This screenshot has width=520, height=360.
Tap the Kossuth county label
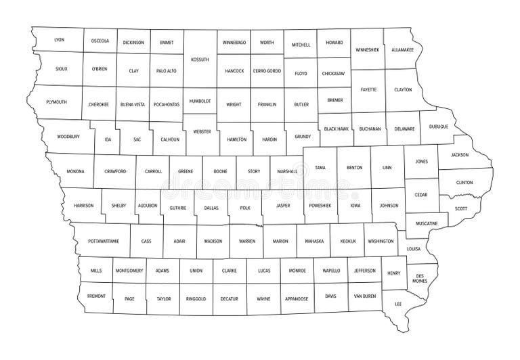pos(200,59)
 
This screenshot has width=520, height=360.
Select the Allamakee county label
pos(402,49)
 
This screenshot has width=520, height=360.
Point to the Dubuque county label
pos(438,126)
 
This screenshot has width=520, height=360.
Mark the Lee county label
pos(398,304)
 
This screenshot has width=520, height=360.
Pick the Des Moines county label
pos(420,277)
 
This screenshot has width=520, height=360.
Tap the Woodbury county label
pos(68,136)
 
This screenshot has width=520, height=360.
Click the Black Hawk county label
pos(335,128)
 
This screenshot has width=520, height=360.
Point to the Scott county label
pos(461,208)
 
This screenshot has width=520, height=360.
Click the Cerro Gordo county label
pos(267,71)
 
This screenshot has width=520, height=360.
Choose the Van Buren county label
pos(364,296)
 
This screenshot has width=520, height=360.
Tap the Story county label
pos(253,171)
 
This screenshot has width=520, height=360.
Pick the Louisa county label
pos(413,248)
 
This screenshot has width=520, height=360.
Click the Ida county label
pos(107,139)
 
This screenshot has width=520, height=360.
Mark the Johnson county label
pos(389,204)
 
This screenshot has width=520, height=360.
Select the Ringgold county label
pos(196,298)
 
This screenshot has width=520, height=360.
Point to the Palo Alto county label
pos(167,70)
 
